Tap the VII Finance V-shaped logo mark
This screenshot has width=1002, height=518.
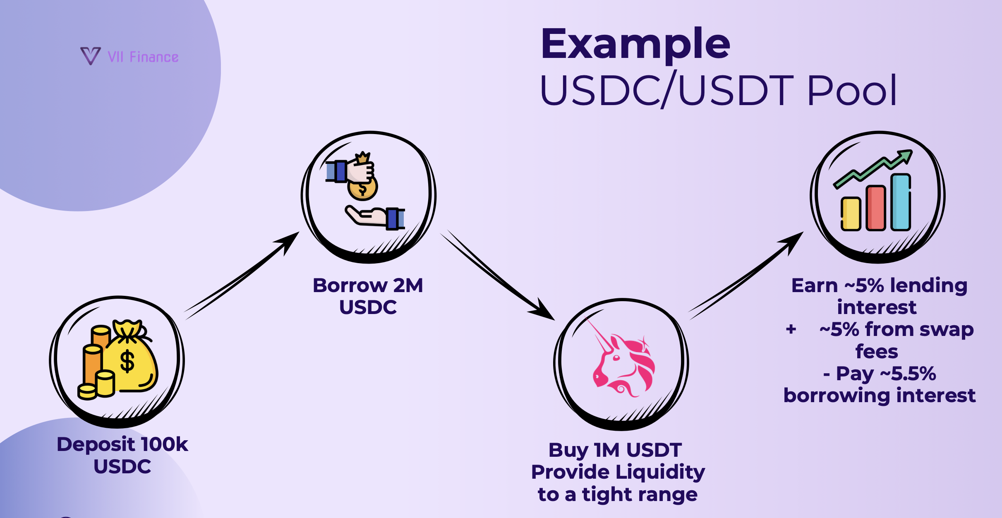(90, 56)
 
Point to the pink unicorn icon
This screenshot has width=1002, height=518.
(623, 364)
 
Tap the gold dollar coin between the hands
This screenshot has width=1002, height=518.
(362, 189)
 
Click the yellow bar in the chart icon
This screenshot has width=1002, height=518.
(851, 213)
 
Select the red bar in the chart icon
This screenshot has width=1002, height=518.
(875, 208)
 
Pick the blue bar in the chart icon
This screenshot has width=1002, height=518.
(901, 202)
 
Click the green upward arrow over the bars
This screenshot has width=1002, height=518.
(873, 168)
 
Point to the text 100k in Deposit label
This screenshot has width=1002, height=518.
(164, 445)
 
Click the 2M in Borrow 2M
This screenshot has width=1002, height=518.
(408, 285)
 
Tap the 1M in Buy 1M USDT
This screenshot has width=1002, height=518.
(607, 450)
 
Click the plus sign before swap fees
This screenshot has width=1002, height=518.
(791, 329)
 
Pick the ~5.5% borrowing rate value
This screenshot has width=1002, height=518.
(908, 374)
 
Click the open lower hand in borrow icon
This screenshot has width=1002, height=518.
(367, 217)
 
